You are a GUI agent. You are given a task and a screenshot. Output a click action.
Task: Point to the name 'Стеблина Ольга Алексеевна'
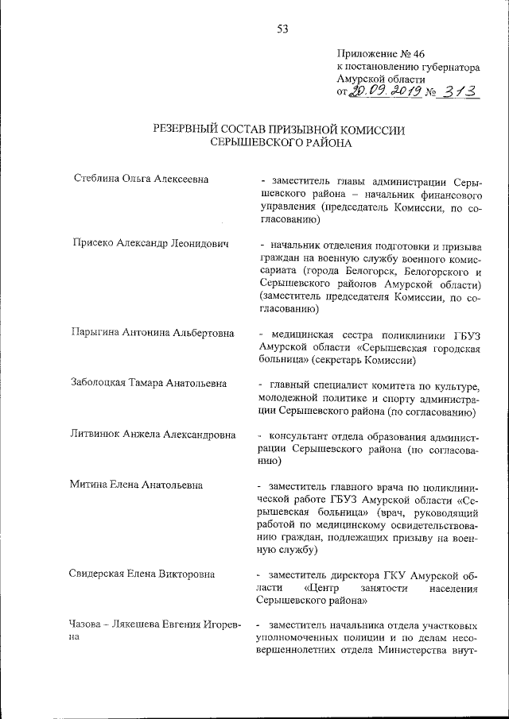141,179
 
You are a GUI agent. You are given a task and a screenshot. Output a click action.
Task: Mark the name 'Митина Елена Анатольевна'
137,485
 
